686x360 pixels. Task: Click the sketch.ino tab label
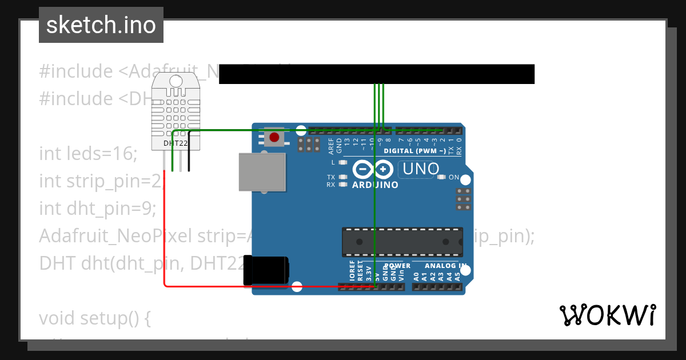[101, 25]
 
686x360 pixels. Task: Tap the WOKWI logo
[608, 315]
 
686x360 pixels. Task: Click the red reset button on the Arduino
[274, 137]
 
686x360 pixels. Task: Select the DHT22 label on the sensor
[176, 143]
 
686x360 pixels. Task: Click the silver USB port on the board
[262, 172]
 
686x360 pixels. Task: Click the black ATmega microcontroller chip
[402, 241]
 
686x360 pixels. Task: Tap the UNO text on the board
[421, 169]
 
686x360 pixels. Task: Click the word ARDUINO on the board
[375, 185]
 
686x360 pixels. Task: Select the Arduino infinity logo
[373, 169]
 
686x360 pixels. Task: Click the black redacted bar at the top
[376, 74]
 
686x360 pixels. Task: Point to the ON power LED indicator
[441, 177]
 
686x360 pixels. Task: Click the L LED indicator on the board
[343, 163]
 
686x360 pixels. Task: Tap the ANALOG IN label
[446, 266]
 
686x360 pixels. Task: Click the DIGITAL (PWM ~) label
[414, 151]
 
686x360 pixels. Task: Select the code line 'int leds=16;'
[89, 154]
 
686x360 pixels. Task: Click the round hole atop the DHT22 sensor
[176, 81]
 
